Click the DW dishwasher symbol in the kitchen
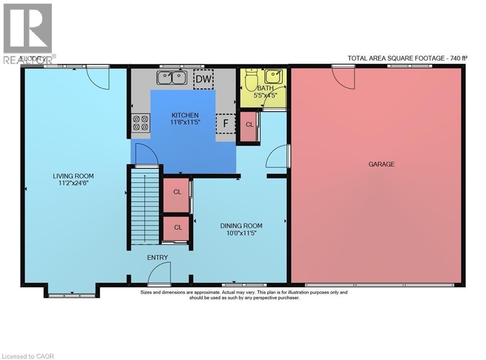(x=204, y=79)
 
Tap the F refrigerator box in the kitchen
(x=225, y=123)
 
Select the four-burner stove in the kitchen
(x=140, y=123)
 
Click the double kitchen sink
(x=172, y=77)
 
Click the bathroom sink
(x=273, y=76)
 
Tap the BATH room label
(x=264, y=88)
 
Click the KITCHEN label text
(x=185, y=115)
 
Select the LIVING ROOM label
(x=71, y=177)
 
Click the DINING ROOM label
(x=241, y=226)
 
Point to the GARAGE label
(x=382, y=164)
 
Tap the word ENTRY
(x=158, y=257)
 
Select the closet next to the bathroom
(x=249, y=125)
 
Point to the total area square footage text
(x=407, y=58)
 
